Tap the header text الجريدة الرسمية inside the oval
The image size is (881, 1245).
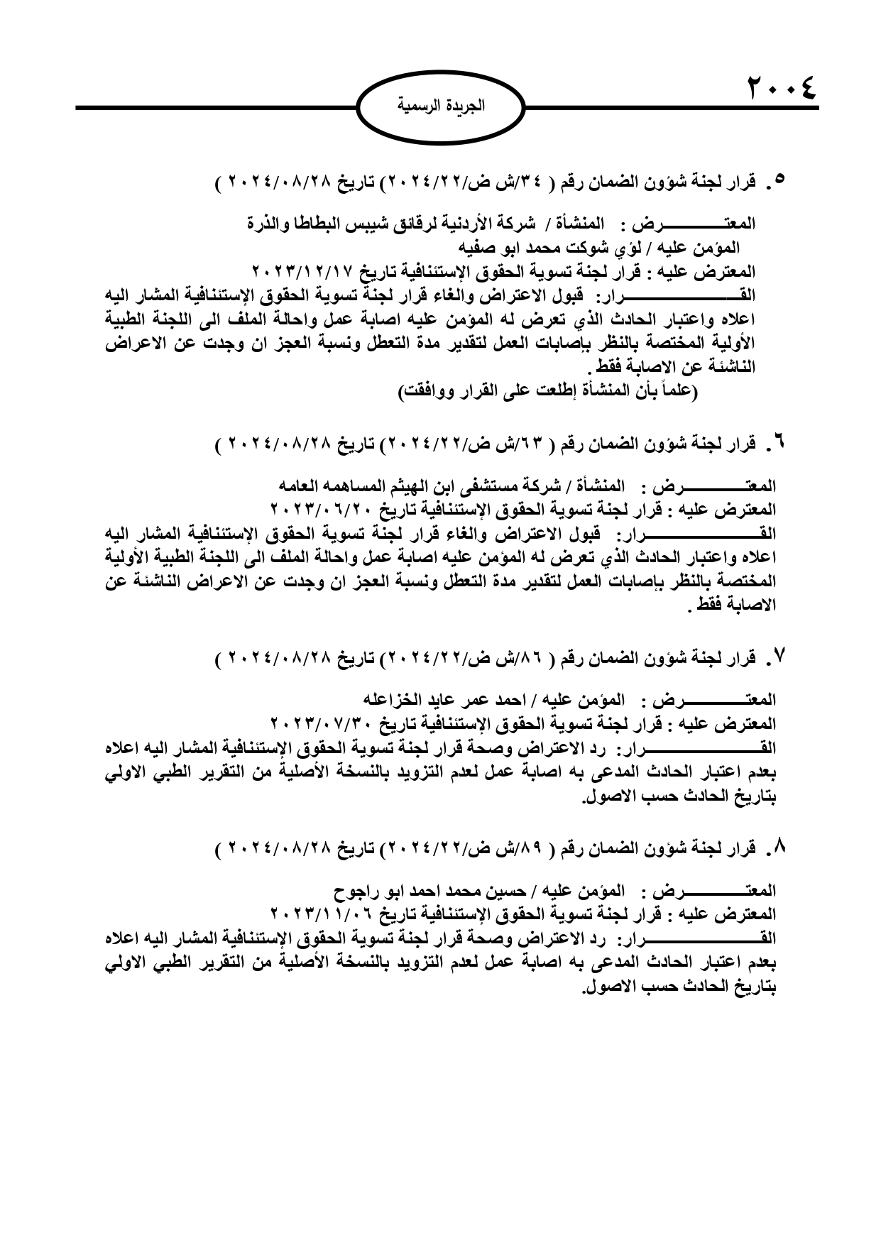click(440, 107)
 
